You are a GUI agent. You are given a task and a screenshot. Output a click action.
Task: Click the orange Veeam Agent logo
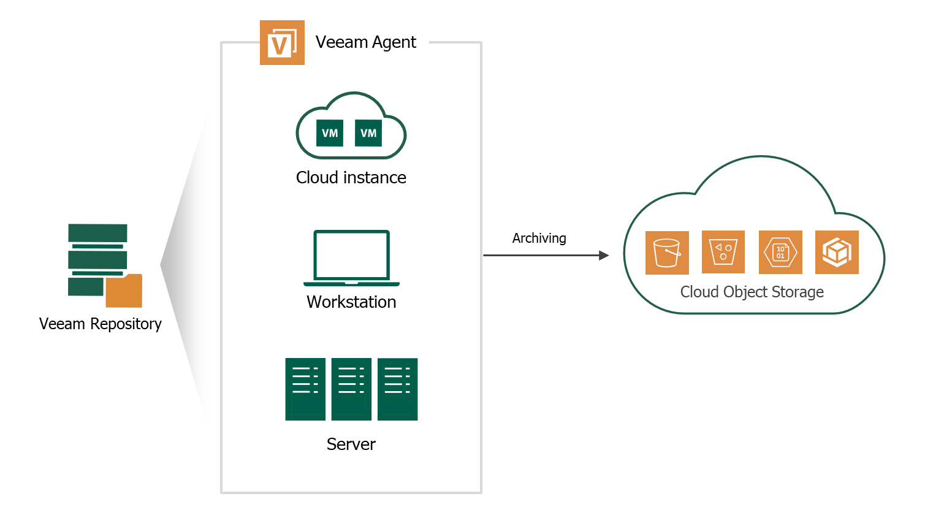tap(282, 43)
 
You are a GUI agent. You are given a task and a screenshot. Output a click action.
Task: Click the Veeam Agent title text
tap(365, 42)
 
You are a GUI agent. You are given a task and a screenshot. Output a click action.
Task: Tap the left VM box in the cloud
tap(330, 133)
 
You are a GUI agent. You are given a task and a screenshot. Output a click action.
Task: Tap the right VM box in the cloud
tap(368, 133)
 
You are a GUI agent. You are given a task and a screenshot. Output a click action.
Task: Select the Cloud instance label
tap(351, 178)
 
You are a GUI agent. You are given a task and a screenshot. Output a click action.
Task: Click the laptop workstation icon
tap(351, 257)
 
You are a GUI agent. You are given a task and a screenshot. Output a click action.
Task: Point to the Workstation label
tap(351, 302)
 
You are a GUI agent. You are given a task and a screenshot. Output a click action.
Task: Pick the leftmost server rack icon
tap(305, 389)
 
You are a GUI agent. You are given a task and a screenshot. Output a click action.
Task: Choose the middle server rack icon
tap(351, 389)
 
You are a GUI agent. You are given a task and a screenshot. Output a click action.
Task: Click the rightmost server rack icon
tap(397, 389)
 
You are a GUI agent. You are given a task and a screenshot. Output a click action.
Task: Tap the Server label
tap(351, 444)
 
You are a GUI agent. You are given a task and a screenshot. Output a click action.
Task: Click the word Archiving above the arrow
tap(539, 238)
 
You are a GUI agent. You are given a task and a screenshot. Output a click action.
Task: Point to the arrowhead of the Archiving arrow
tap(604, 255)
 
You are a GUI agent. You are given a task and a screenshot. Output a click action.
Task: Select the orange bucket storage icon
tap(667, 253)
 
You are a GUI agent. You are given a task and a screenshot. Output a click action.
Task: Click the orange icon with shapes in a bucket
tap(723, 252)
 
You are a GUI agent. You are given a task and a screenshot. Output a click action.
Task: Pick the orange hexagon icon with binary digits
tap(780, 252)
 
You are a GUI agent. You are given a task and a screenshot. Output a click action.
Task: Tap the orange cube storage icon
tap(837, 252)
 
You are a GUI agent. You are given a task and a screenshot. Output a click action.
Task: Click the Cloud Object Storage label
tap(752, 292)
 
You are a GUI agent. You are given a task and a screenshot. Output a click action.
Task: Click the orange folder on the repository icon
tap(124, 291)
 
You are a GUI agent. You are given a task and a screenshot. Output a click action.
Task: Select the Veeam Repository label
tap(101, 324)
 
